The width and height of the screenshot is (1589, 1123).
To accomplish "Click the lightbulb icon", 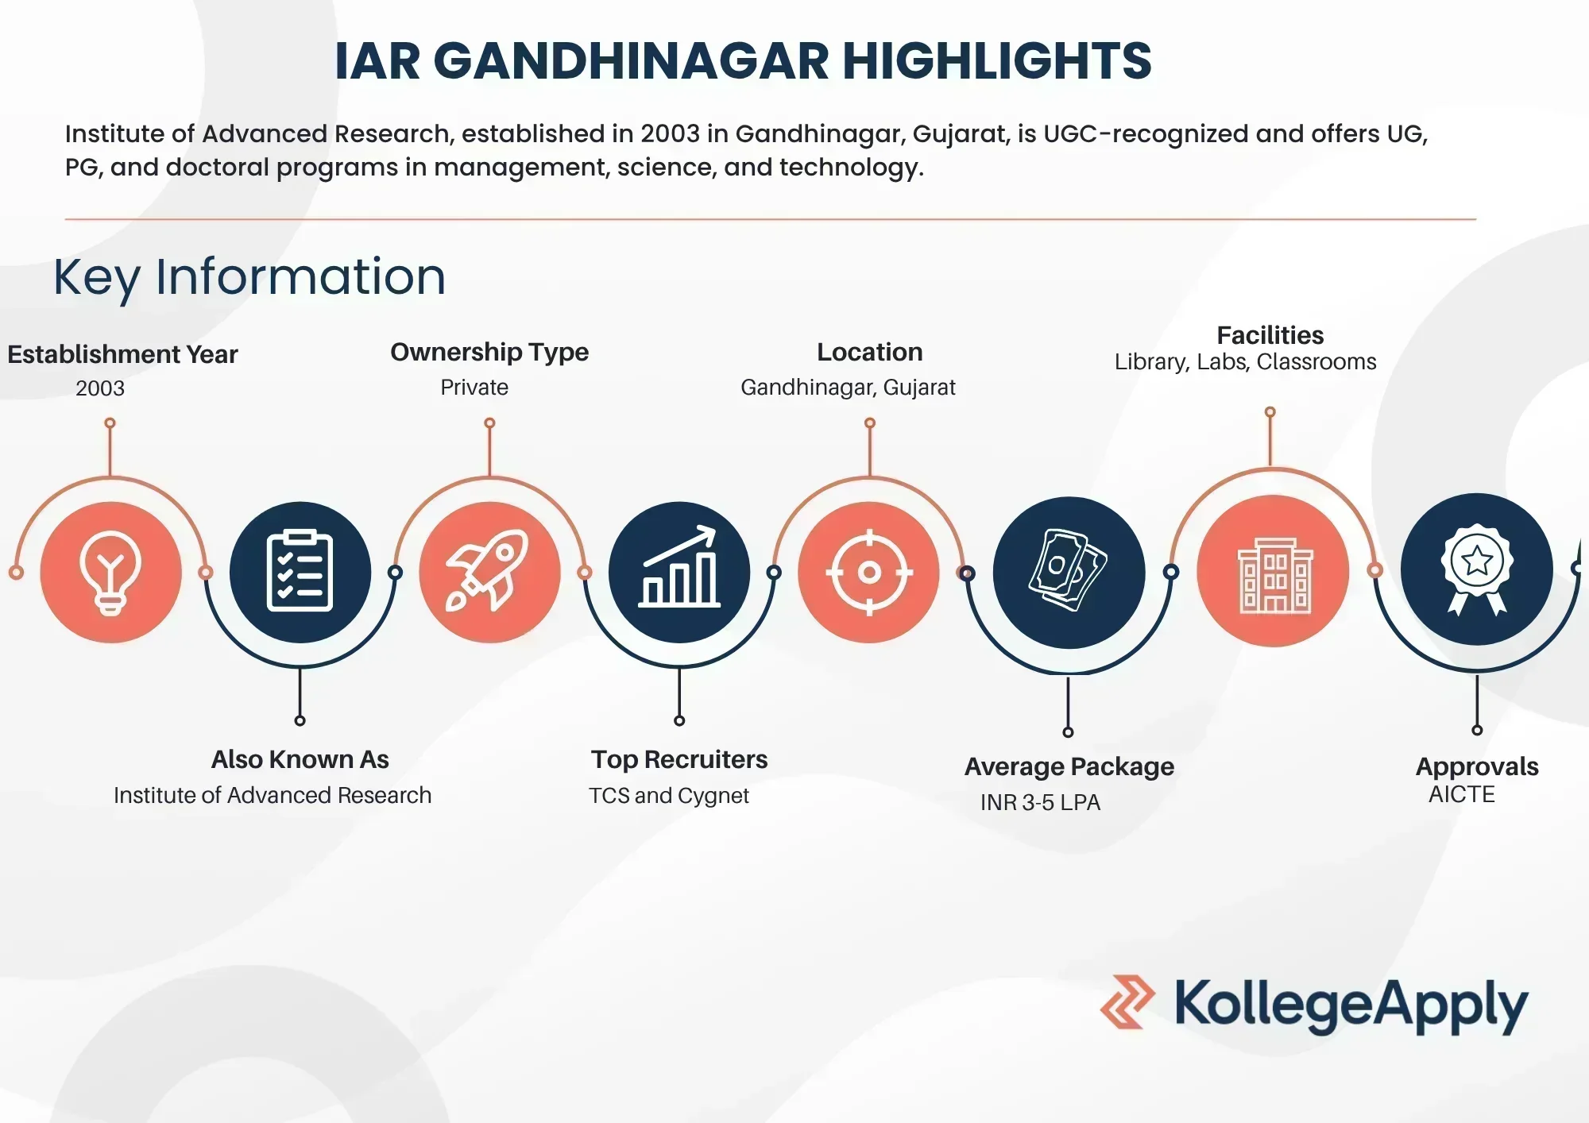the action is [110, 573].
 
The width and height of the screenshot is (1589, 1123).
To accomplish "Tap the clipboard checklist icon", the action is [300, 571].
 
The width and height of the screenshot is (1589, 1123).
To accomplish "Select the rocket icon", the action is [487, 570].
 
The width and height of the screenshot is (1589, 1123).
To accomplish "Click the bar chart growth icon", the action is [679, 567].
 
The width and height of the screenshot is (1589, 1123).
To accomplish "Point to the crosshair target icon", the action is [869, 572].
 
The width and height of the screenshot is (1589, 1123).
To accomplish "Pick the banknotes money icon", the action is [1067, 570].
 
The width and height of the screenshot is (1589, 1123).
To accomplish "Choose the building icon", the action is [1275, 575].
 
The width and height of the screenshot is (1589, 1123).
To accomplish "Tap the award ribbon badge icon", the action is [1477, 569].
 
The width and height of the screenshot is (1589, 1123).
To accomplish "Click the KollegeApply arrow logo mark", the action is [1127, 1002].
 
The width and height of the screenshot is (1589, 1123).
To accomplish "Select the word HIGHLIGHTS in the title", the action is [997, 61].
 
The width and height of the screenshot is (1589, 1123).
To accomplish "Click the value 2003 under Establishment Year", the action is [100, 388].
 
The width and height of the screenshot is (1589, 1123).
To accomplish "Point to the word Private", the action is [474, 388].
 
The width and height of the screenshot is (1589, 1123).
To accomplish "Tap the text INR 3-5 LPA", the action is [1040, 803].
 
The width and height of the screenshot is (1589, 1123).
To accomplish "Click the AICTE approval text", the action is [1462, 794].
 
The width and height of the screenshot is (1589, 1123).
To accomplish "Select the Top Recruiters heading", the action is [679, 760].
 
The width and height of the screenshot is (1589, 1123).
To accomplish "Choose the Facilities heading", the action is [1270, 335].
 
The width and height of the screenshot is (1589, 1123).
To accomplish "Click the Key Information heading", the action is [249, 278].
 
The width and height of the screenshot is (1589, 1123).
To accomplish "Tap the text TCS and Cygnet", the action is [669, 796].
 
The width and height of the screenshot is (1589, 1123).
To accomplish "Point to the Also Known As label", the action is [300, 760].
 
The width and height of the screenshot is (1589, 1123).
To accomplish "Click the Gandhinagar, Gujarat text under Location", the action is [848, 388].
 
